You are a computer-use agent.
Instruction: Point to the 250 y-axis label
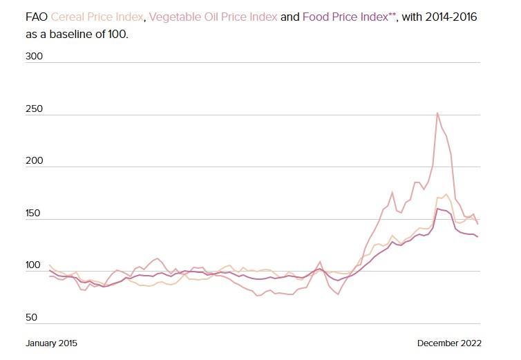(35, 109)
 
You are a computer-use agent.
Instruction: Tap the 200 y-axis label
(35, 160)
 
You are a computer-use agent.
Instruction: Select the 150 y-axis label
(35, 212)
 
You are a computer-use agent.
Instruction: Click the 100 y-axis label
(35, 265)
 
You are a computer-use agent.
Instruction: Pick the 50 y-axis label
(32, 318)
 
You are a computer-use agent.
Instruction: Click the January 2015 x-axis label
(52, 343)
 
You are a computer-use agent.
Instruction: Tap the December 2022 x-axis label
(449, 343)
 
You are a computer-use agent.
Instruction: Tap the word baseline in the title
(68, 32)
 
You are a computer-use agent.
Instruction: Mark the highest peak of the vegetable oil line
(437, 113)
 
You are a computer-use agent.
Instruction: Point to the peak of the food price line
(437, 208)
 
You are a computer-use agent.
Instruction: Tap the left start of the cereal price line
(49, 265)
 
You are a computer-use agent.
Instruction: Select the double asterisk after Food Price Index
(392, 14)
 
